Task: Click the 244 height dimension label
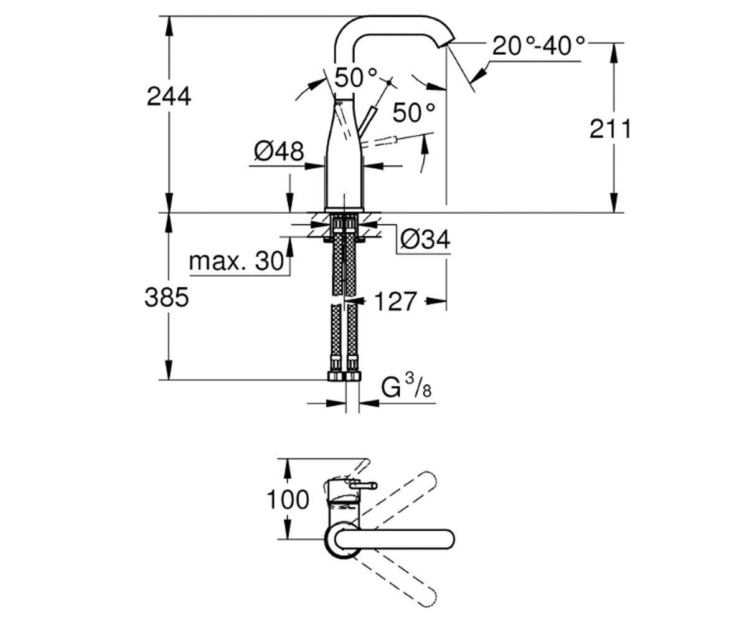[169, 97]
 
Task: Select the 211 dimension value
[610, 129]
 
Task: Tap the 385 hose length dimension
[166, 298]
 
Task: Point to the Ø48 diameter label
[279, 151]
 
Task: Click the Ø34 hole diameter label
[425, 239]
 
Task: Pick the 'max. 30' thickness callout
[236, 261]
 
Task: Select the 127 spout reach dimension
[395, 302]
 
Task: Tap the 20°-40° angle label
[538, 46]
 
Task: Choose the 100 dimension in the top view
[288, 500]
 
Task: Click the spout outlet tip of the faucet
[446, 43]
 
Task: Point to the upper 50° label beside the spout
[355, 77]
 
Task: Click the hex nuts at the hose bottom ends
[344, 376]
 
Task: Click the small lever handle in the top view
[364, 486]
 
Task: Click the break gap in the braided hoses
[344, 300]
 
